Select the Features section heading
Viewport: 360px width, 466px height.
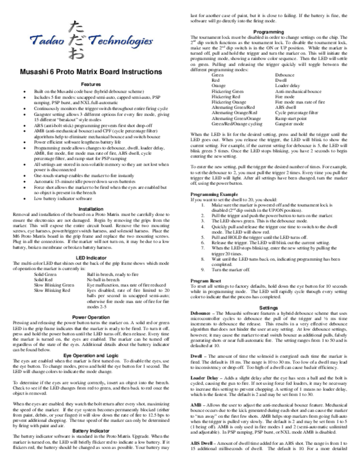point(91,84)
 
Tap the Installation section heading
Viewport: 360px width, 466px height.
point(91,209)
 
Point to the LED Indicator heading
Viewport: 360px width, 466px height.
point(91,257)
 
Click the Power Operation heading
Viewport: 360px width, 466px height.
point(91,316)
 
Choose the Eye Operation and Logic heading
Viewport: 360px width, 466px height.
point(91,355)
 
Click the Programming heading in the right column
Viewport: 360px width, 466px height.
point(269,32)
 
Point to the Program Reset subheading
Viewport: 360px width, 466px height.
point(205,280)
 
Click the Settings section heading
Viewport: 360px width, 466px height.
point(269,308)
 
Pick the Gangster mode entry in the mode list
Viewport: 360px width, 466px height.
point(289,125)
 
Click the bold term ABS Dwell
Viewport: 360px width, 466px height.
point(202,444)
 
